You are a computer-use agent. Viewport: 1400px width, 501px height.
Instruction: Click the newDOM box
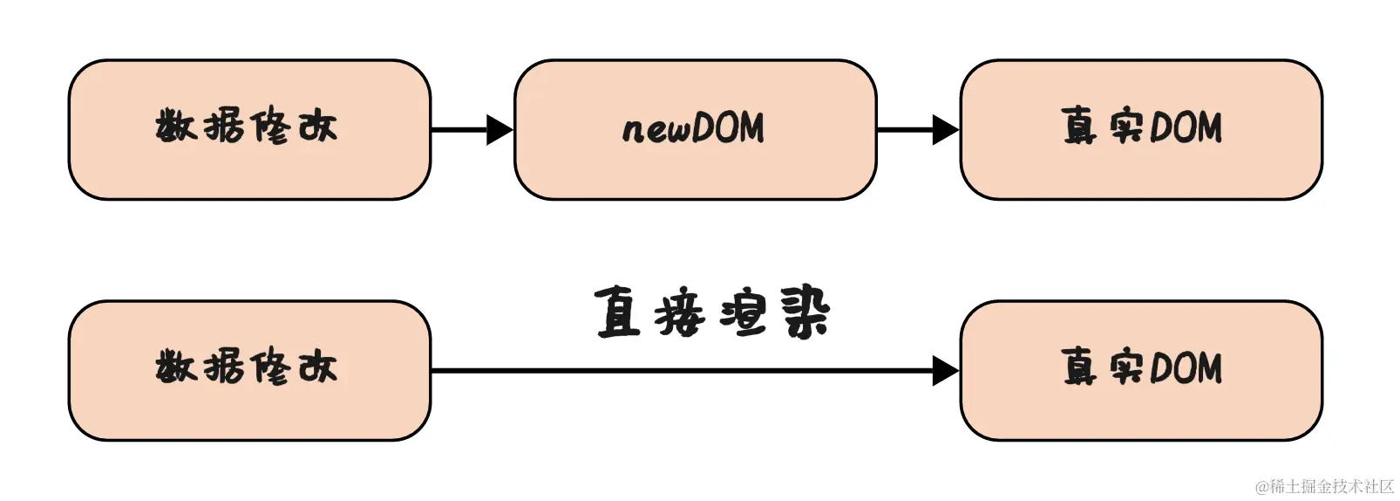[x=695, y=129]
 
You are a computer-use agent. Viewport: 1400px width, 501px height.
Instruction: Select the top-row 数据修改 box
[x=249, y=129]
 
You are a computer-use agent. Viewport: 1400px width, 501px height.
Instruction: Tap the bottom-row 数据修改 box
[x=249, y=370]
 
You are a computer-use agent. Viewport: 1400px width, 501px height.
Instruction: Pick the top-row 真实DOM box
[x=1141, y=129]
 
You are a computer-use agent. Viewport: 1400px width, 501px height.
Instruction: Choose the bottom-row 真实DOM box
[x=1141, y=370]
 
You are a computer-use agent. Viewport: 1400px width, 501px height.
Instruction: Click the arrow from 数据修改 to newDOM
[x=471, y=130]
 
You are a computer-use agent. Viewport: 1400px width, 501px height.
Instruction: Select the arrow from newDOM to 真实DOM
[x=917, y=130]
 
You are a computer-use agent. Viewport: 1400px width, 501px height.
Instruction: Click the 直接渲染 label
[x=711, y=312]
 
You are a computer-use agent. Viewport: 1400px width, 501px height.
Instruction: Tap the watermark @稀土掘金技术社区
[x=1324, y=486]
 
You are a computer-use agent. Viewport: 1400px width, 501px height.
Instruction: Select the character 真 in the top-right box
[x=1079, y=126]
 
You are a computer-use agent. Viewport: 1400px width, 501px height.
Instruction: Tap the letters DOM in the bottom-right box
[x=1186, y=367]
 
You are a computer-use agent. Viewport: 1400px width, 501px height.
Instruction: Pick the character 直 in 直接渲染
[x=618, y=312]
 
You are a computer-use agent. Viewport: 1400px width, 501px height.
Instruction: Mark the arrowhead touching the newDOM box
[x=500, y=130]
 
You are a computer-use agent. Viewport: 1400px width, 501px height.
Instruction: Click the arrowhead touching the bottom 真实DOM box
[x=946, y=371]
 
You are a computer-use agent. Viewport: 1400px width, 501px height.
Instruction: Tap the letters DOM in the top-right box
[x=1186, y=127]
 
